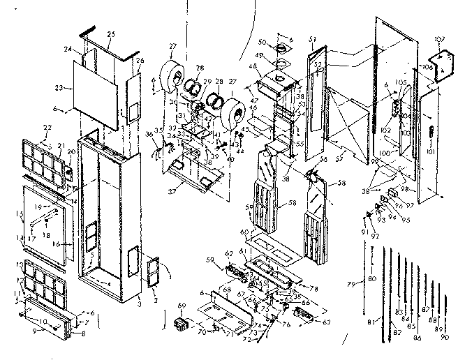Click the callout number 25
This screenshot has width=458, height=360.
point(110,34)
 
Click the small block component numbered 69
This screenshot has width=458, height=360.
point(183,324)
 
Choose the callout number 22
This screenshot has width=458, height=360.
point(47,127)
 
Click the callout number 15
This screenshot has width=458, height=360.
point(20,213)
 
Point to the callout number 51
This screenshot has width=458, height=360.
point(312,39)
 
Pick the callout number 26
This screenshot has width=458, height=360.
point(140,61)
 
